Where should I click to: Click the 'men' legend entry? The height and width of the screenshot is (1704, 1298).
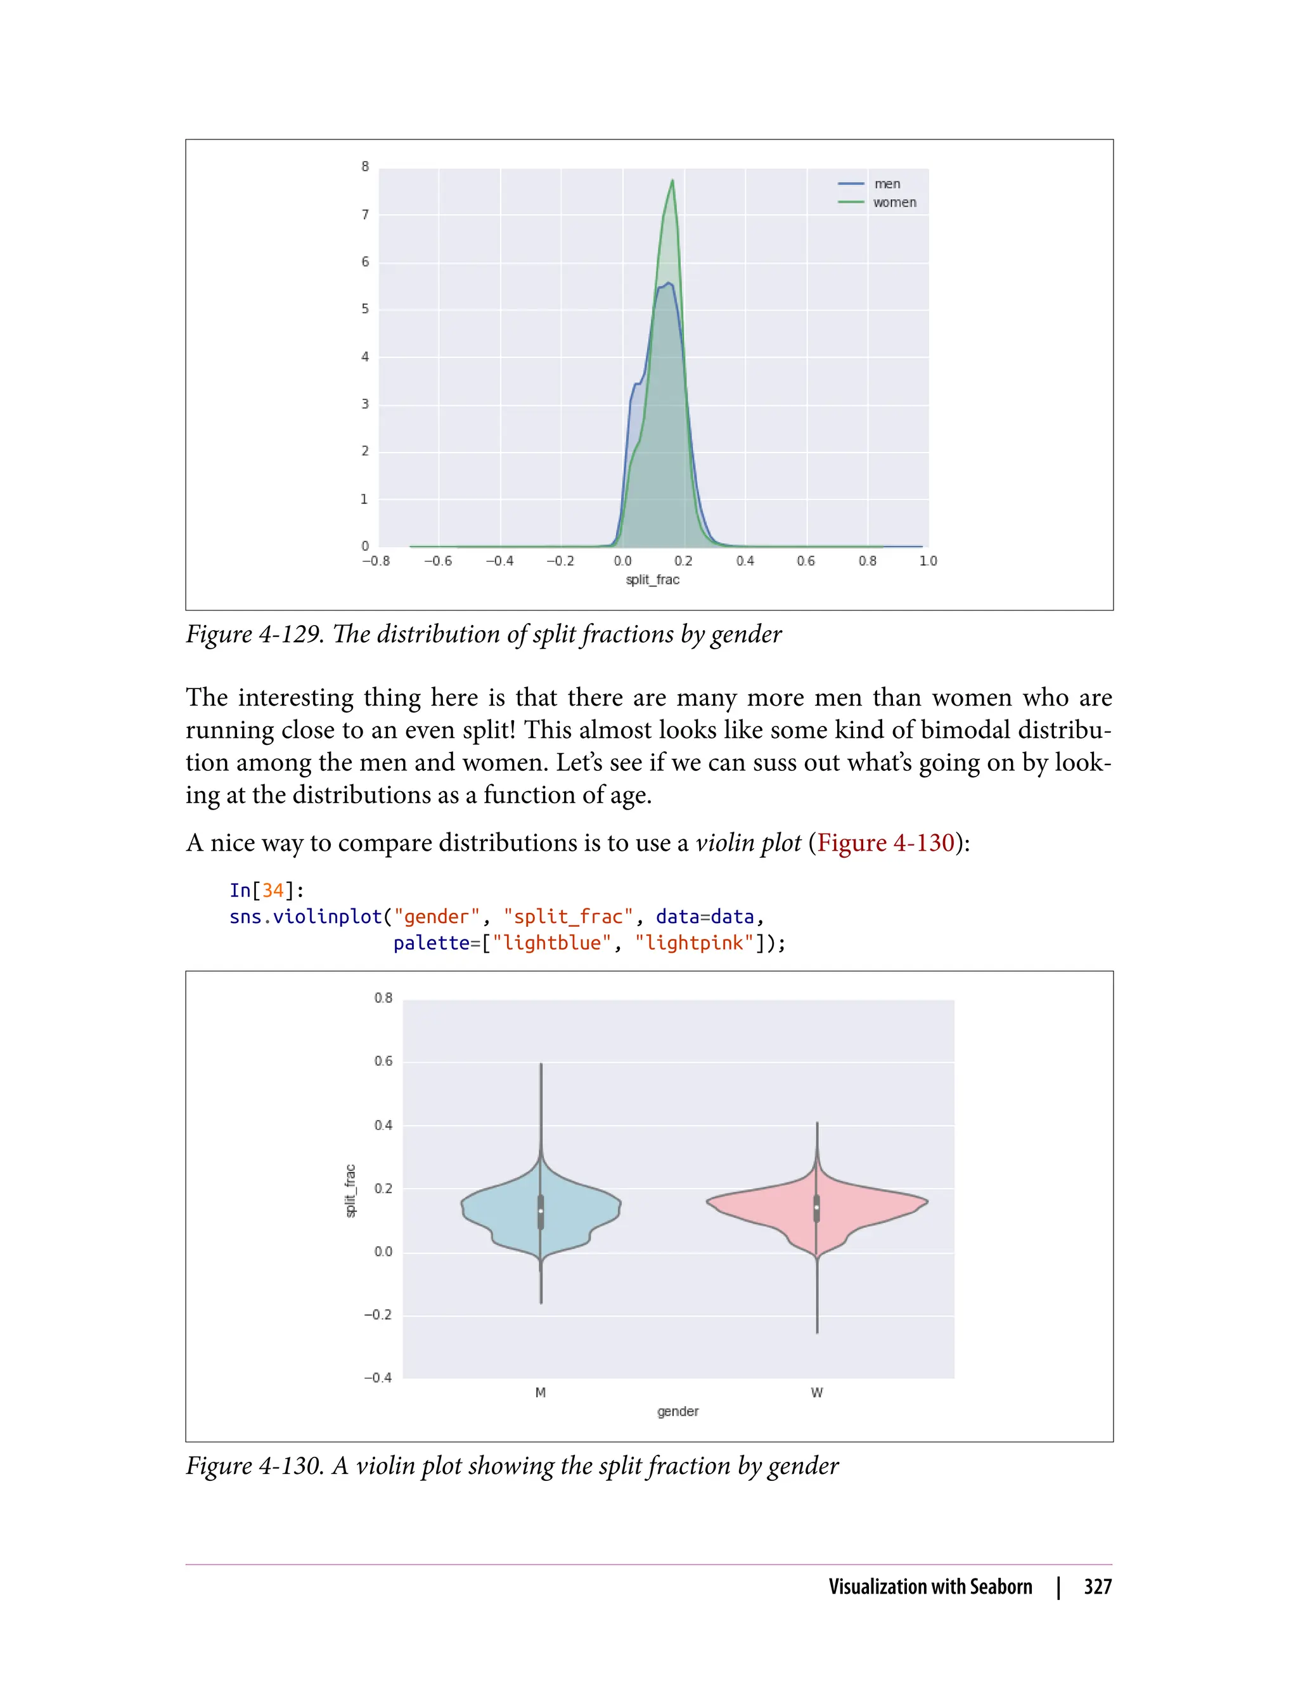click(x=886, y=184)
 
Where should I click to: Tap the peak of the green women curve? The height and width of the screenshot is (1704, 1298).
click(x=673, y=181)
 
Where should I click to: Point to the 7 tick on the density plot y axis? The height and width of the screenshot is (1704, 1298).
click(x=366, y=215)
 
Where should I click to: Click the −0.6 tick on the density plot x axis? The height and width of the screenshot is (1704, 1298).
click(x=437, y=561)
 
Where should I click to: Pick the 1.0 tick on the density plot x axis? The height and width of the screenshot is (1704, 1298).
click(x=928, y=561)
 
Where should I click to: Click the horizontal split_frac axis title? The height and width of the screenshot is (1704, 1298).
click(x=652, y=579)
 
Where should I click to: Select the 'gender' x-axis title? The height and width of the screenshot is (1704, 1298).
click(x=678, y=1411)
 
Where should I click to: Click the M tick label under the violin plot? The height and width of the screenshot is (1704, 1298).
click(x=540, y=1393)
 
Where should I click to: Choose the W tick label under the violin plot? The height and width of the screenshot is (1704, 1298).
click(x=817, y=1393)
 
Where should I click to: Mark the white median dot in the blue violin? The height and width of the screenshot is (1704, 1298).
click(x=541, y=1210)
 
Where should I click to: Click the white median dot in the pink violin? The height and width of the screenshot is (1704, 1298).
click(x=817, y=1207)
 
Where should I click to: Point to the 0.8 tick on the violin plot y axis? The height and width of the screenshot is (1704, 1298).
click(x=383, y=998)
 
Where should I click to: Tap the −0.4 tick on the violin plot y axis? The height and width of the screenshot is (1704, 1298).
click(x=378, y=1378)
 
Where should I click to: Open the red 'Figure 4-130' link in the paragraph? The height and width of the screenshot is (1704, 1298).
click(x=885, y=842)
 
